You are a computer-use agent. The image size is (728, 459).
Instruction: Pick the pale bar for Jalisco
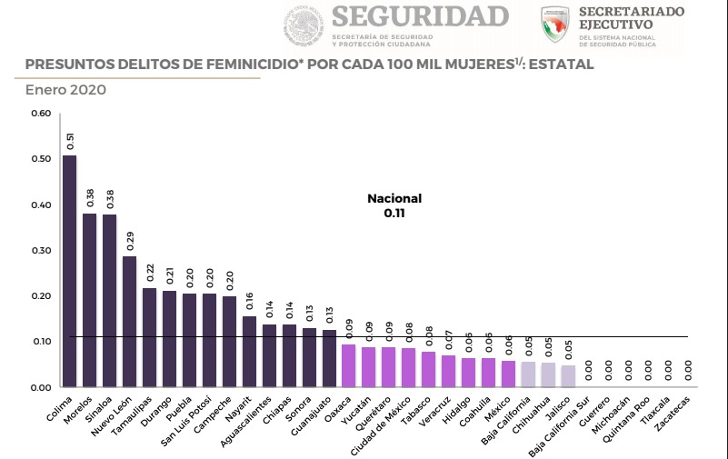coord(568,376)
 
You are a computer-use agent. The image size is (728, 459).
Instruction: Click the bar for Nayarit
coord(249,352)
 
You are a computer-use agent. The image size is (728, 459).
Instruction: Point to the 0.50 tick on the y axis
coord(40,159)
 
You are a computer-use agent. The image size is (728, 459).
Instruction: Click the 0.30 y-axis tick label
coord(40,251)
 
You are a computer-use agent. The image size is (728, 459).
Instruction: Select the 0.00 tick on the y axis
coord(40,388)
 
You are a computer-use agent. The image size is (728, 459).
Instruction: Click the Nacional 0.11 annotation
coord(394,206)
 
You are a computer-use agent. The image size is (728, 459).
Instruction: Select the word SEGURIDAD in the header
coord(419,17)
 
